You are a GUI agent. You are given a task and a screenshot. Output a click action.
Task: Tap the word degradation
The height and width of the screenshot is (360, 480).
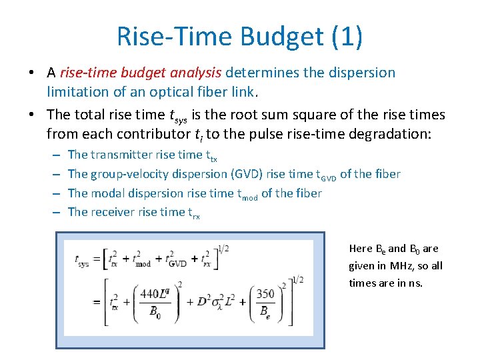coord(384,133)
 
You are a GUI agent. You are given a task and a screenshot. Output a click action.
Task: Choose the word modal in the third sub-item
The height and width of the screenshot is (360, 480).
coord(107,193)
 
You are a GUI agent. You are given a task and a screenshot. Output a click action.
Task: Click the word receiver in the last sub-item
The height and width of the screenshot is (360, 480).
coord(111,212)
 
